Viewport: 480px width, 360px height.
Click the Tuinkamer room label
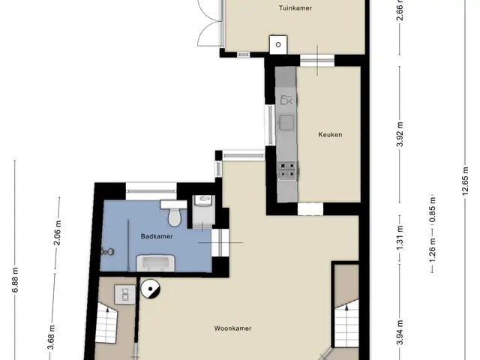[x=295, y=8]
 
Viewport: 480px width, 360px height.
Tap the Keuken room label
[x=330, y=134]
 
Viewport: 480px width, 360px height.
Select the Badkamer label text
[x=157, y=236]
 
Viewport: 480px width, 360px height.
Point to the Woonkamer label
[x=232, y=328]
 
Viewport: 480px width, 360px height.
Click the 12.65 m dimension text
[x=465, y=181]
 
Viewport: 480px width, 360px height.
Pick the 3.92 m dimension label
[x=400, y=134]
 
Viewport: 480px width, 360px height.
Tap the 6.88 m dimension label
[x=15, y=280]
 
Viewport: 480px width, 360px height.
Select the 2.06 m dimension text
[x=58, y=232]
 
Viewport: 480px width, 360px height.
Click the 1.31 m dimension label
[x=400, y=238]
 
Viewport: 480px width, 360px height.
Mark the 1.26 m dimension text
[x=432, y=250]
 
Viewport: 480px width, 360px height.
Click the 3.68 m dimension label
[x=52, y=337]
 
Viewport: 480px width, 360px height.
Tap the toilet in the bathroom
[x=173, y=213]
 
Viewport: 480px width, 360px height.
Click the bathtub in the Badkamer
[x=155, y=263]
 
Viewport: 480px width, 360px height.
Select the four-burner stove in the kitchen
[x=287, y=170]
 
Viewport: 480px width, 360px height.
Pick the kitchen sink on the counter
[x=286, y=122]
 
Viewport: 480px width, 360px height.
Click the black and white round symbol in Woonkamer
[x=150, y=289]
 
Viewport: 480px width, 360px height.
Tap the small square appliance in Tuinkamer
[x=278, y=45]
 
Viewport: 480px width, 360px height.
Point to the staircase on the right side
[x=346, y=323]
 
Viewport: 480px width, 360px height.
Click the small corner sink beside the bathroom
[x=204, y=200]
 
